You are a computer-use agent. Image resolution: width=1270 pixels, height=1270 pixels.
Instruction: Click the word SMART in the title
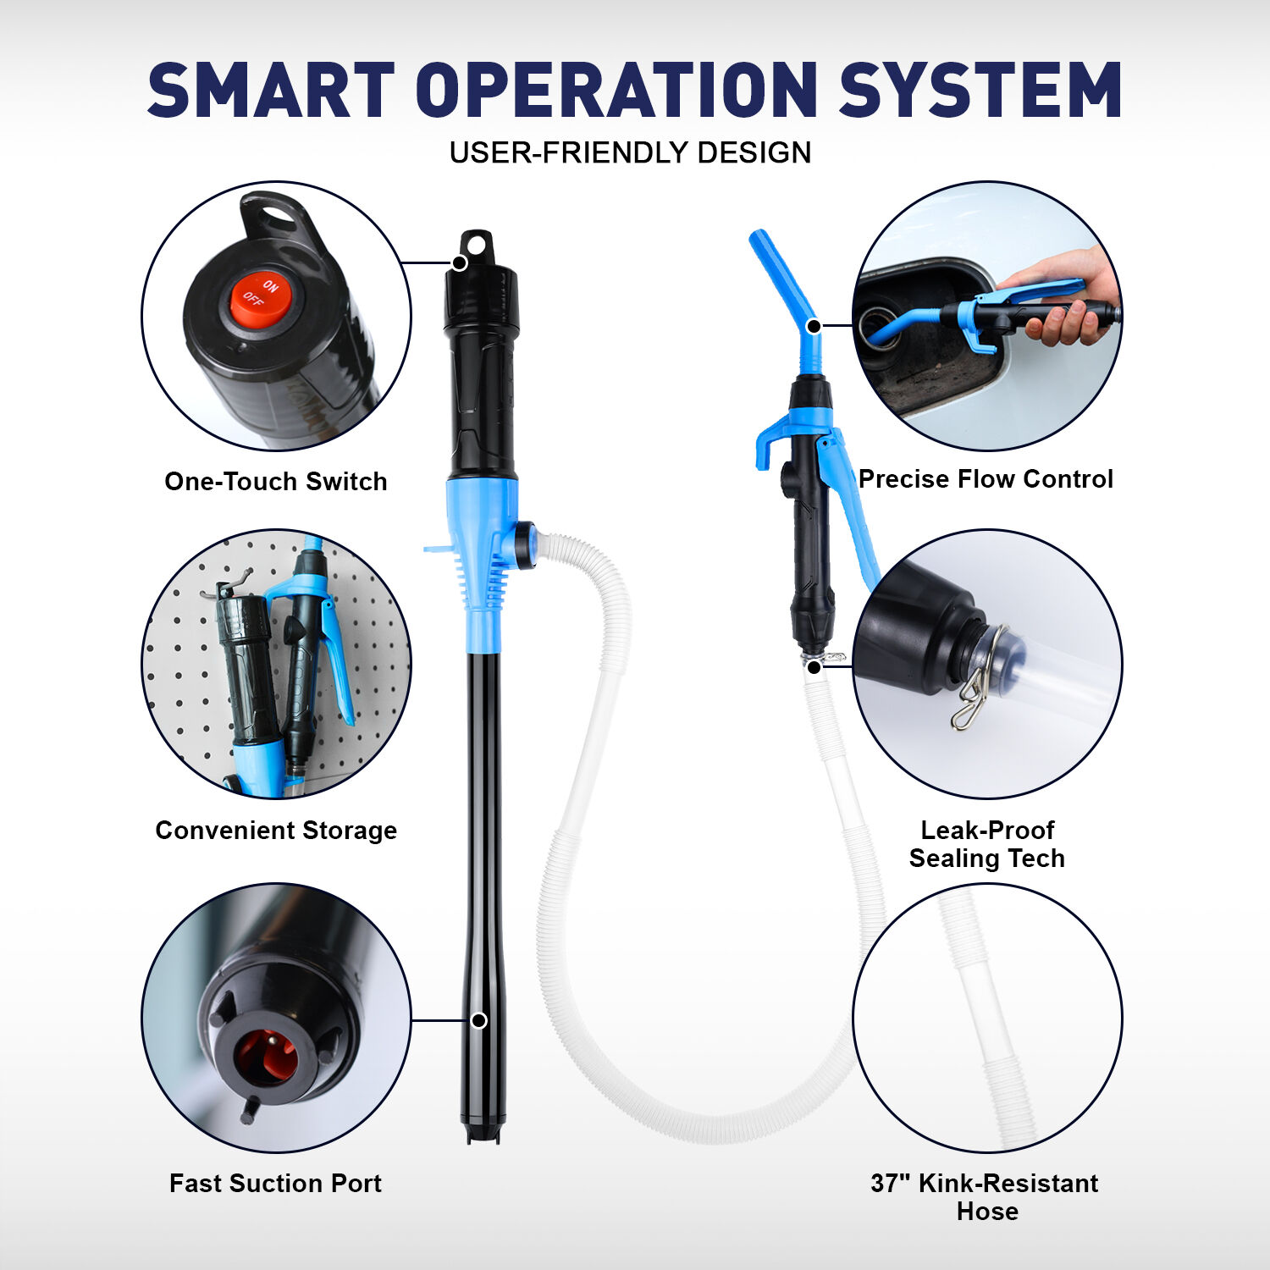coord(271,90)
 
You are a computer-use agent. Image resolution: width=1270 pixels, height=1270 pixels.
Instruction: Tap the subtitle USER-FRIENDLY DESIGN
coord(630,152)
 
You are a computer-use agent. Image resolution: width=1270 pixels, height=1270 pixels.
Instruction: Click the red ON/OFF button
coord(260,299)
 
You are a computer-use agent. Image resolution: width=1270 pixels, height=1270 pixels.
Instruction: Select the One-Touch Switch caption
coord(276,481)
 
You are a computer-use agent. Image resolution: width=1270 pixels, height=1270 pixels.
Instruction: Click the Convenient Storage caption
coord(276,830)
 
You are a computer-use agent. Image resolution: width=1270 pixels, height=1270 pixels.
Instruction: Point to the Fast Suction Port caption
coord(275,1183)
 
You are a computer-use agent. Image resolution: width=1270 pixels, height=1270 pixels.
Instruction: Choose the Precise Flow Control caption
coord(986,478)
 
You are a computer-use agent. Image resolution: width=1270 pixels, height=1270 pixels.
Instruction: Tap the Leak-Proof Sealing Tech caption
coord(986,844)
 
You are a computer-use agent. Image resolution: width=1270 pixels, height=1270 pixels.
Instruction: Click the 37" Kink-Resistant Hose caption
coord(985,1196)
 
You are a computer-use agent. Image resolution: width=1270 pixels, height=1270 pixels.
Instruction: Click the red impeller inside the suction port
coord(265,1057)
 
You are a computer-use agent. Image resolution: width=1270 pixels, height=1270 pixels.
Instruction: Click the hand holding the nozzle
coord(1067,305)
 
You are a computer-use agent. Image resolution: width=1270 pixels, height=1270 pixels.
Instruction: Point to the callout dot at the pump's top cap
coord(459,262)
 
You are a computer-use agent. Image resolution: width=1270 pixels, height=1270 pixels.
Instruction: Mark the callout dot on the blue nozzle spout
coord(814,326)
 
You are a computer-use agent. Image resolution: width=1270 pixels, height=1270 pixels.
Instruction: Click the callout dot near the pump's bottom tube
coord(478,1020)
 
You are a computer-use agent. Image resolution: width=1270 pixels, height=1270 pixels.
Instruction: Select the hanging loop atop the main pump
coord(476,246)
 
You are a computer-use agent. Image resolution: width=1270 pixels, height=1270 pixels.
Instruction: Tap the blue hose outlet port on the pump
coord(523,544)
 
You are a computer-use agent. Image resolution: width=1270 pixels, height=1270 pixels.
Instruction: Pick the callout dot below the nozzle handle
coord(814,667)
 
